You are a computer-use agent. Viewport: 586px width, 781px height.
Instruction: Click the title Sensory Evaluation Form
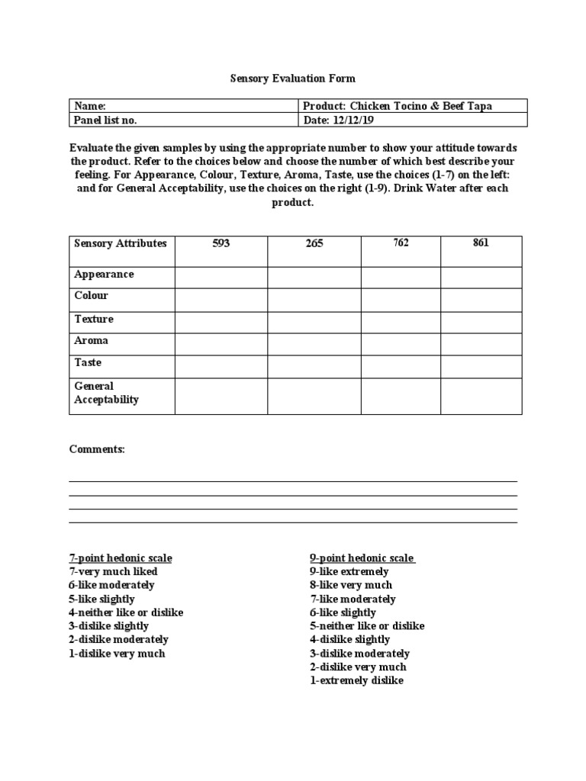pos(293,79)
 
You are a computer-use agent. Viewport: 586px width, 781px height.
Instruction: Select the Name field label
pos(90,107)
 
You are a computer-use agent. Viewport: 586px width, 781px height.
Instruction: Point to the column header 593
pos(221,244)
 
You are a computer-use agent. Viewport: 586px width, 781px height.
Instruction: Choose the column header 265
pos(314,244)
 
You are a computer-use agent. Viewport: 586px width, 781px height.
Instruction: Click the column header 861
pos(481,243)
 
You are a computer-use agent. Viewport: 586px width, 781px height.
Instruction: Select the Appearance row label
pos(104,275)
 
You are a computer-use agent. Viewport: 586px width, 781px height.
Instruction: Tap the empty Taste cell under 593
pos(221,366)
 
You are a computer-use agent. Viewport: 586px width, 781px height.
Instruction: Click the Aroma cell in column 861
pos(481,344)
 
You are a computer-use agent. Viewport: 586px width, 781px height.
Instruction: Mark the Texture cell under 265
pos(314,323)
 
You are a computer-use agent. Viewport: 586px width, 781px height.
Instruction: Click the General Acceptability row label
pos(107,393)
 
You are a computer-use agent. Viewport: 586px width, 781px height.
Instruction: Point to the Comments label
pos(97,450)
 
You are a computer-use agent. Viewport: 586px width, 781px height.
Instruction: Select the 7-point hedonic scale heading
pos(121,558)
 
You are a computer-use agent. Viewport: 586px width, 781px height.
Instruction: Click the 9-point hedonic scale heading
pos(362,558)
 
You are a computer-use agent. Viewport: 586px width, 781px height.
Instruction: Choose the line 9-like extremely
pos(349,571)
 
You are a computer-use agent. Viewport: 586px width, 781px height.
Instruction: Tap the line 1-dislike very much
pos(117,654)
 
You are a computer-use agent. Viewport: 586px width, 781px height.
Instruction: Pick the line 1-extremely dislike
pos(356,680)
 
